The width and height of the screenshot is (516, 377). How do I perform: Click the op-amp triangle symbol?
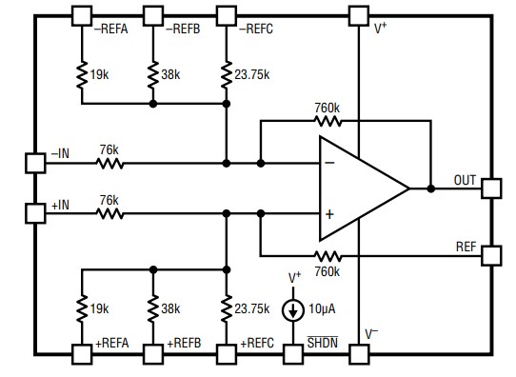point(360,188)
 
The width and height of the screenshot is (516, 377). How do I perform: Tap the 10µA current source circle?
point(296,310)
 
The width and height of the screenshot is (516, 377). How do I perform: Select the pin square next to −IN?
point(35,163)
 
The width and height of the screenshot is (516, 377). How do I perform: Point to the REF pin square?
point(491,255)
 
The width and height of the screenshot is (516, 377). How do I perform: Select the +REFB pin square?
point(153,353)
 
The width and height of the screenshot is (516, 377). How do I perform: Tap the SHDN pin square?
point(296,353)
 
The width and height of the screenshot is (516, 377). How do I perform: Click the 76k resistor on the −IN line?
point(109,163)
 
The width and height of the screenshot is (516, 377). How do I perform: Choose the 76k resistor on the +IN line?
point(109,213)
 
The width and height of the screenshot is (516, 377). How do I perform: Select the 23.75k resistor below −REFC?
point(226,72)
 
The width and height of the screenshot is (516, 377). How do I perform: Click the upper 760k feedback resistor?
point(327,122)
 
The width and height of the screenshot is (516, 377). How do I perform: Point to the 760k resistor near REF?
point(327,255)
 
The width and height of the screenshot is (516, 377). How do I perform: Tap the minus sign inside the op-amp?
point(329,164)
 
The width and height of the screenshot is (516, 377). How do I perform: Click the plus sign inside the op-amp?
point(329,214)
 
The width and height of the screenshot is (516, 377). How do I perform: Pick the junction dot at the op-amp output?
point(430,188)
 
